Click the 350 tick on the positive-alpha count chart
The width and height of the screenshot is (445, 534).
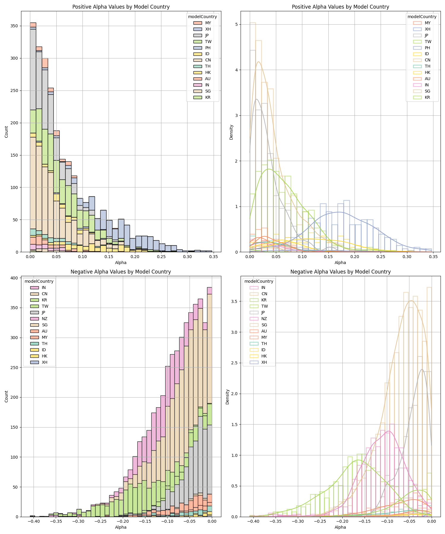[15, 26]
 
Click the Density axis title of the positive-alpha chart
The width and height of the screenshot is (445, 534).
[231, 132]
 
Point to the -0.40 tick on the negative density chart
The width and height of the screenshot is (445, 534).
[253, 521]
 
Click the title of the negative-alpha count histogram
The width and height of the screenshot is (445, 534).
[121, 272]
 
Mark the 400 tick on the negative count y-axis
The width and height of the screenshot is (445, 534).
[15, 278]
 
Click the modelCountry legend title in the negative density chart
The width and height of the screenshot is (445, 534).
[258, 281]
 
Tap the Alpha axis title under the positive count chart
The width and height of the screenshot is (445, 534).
[121, 263]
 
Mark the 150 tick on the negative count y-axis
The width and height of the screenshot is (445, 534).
[15, 427]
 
